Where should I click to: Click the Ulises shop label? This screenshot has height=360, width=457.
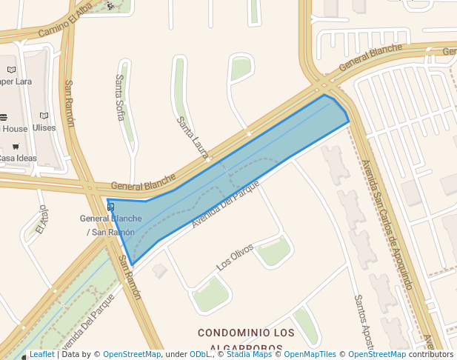[x=44, y=127]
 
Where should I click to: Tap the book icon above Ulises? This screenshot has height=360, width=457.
[x=44, y=116]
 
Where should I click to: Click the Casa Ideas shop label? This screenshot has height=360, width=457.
[x=16, y=158]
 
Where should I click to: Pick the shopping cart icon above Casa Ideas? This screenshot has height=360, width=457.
[x=16, y=147]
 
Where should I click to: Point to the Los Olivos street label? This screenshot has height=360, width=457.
[x=234, y=256]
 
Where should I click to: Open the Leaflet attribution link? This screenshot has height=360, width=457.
[x=41, y=355]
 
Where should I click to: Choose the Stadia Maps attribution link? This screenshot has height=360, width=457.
[x=249, y=355]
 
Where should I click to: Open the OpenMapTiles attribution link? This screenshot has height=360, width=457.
[x=310, y=355]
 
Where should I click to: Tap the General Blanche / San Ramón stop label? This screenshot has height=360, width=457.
[x=110, y=225]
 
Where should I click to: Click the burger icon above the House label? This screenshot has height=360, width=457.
[x=3, y=117]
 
